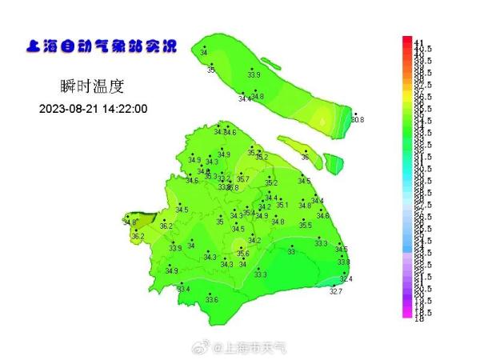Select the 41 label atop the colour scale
pyautogui.click(x=419, y=41)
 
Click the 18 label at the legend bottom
pyautogui.click(x=419, y=318)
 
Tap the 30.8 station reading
pyautogui.click(x=357, y=120)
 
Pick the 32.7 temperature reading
pyautogui.click(x=336, y=292)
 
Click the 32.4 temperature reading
pyautogui.click(x=346, y=278)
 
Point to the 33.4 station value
pyautogui.click(x=184, y=288)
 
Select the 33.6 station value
pyautogui.click(x=212, y=299)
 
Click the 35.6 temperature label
pyautogui.click(x=242, y=254)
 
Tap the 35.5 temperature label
pyautogui.click(x=305, y=226)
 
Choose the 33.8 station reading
pyautogui.click(x=343, y=262)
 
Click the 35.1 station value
pyautogui.click(x=282, y=205)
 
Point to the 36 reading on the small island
pyautogui.click(x=305, y=158)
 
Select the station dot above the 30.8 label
pyautogui.click(x=354, y=114)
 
